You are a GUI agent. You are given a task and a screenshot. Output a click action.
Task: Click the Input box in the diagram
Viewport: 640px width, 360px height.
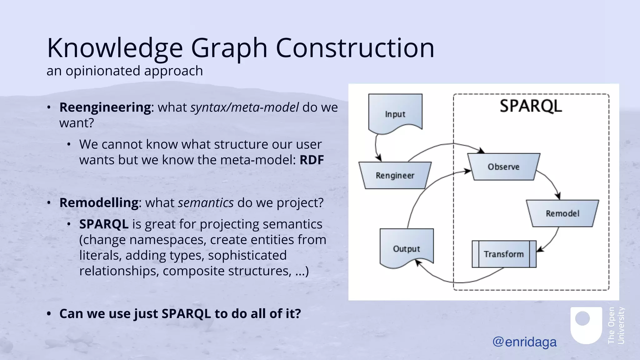coord(395,112)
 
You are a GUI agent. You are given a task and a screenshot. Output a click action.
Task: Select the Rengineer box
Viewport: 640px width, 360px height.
coord(395,175)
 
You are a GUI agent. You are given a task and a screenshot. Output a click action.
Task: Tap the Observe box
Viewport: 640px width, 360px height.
coord(504,167)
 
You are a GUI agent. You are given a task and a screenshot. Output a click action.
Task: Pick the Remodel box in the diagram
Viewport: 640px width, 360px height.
coord(562,213)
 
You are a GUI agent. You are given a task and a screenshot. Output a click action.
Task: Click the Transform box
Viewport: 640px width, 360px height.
coord(504,254)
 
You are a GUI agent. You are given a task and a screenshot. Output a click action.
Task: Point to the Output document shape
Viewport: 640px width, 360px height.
coord(407,247)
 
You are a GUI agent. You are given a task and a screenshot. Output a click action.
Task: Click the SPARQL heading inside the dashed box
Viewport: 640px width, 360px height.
coord(531,106)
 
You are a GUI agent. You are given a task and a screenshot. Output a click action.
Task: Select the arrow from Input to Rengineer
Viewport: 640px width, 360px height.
coord(376,147)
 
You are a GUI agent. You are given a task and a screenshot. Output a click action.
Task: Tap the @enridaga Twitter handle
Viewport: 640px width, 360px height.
coord(524,342)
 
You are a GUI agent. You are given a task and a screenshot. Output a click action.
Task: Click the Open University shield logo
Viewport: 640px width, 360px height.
coord(586,325)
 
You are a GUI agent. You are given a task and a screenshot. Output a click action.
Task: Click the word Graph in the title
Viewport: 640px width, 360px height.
coord(229,48)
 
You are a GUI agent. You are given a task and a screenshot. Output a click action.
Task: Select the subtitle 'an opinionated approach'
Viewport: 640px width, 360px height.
coord(125,71)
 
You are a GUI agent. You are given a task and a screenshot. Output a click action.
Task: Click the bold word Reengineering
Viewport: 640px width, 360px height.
coord(105,107)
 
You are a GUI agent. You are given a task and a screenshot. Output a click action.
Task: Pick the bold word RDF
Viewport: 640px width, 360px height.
coord(312,160)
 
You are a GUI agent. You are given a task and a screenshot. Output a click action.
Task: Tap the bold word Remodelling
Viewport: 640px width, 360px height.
coord(99,202)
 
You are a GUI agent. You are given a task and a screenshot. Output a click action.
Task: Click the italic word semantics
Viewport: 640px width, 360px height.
coord(206,202)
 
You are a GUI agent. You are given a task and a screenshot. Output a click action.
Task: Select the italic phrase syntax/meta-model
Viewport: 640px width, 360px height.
coord(244,107)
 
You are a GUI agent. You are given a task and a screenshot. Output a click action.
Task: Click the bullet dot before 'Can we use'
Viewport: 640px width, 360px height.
coord(49,313)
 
